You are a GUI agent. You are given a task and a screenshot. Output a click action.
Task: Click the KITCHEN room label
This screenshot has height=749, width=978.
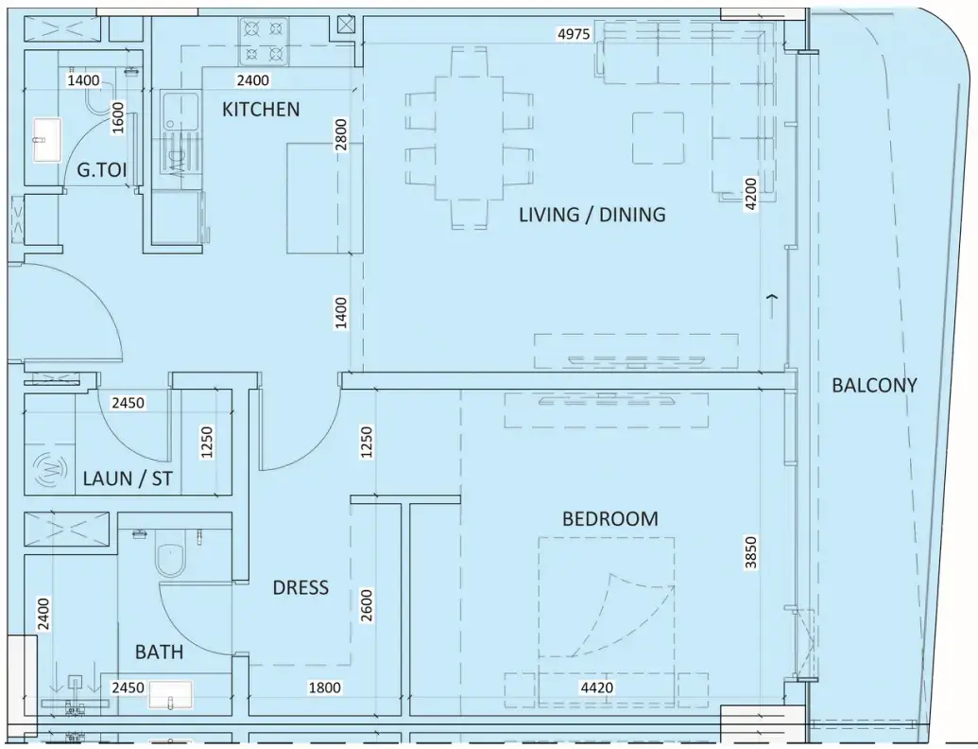pyautogui.click(x=261, y=110)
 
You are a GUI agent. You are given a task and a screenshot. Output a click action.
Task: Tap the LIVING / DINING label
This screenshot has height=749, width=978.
pyautogui.click(x=592, y=215)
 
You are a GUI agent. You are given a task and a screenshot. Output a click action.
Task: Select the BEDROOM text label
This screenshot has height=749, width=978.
pyautogui.click(x=610, y=518)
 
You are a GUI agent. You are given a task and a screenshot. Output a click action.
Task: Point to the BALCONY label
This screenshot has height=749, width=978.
pyautogui.click(x=874, y=385)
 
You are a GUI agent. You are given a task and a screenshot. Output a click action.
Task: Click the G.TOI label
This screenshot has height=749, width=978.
pyautogui.click(x=102, y=170)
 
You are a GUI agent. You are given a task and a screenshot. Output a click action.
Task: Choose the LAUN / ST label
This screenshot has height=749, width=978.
pyautogui.click(x=128, y=479)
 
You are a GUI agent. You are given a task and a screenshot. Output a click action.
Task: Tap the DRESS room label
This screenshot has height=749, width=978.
pyautogui.click(x=300, y=587)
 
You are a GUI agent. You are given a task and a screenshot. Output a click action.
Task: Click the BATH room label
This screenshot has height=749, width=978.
pyautogui.click(x=159, y=653)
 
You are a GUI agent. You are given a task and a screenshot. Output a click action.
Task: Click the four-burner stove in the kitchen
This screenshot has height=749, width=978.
pyautogui.click(x=264, y=42)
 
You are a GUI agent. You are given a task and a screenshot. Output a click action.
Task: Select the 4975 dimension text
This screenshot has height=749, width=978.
pyautogui.click(x=574, y=34)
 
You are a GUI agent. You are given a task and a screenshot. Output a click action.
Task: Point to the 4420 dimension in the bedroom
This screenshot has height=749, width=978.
pyautogui.click(x=597, y=688)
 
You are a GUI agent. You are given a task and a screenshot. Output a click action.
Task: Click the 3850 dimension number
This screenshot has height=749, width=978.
pyautogui.click(x=751, y=553)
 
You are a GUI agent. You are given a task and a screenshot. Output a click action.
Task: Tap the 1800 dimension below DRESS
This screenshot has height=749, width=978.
pyautogui.click(x=325, y=688)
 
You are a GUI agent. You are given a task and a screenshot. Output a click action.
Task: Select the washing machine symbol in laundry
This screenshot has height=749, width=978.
pyautogui.click(x=51, y=467)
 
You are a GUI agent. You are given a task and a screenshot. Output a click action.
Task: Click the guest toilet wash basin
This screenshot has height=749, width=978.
pyautogui.click(x=47, y=140)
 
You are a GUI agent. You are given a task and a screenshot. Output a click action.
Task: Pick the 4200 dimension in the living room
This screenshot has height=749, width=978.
pyautogui.click(x=751, y=194)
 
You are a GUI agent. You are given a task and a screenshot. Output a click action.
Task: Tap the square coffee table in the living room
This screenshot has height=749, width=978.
pyautogui.click(x=658, y=138)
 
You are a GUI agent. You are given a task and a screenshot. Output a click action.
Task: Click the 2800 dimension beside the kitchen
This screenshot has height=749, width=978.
pyautogui.click(x=340, y=135)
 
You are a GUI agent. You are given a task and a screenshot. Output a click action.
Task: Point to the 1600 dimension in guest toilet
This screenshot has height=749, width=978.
pyautogui.click(x=118, y=118)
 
